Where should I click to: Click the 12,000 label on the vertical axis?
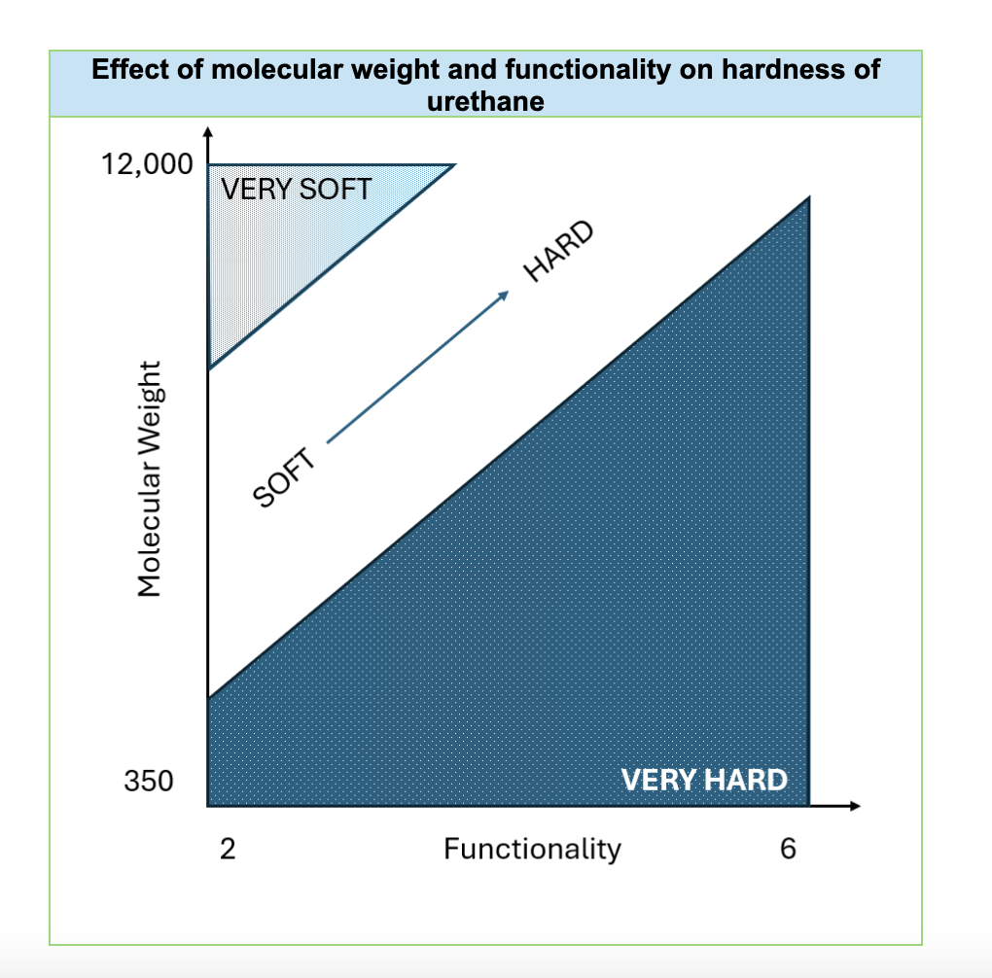pyautogui.click(x=147, y=164)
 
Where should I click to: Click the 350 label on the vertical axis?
pyautogui.click(x=148, y=780)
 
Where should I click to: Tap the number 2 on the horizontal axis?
pyautogui.click(x=227, y=849)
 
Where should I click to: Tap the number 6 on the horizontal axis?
pyautogui.click(x=788, y=849)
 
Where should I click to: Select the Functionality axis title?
pyautogui.click(x=532, y=849)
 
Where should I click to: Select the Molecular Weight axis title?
pyautogui.click(x=148, y=478)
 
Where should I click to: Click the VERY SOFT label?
pyautogui.click(x=297, y=188)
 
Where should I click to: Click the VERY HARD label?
pyautogui.click(x=703, y=780)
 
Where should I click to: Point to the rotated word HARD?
pyautogui.click(x=558, y=252)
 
